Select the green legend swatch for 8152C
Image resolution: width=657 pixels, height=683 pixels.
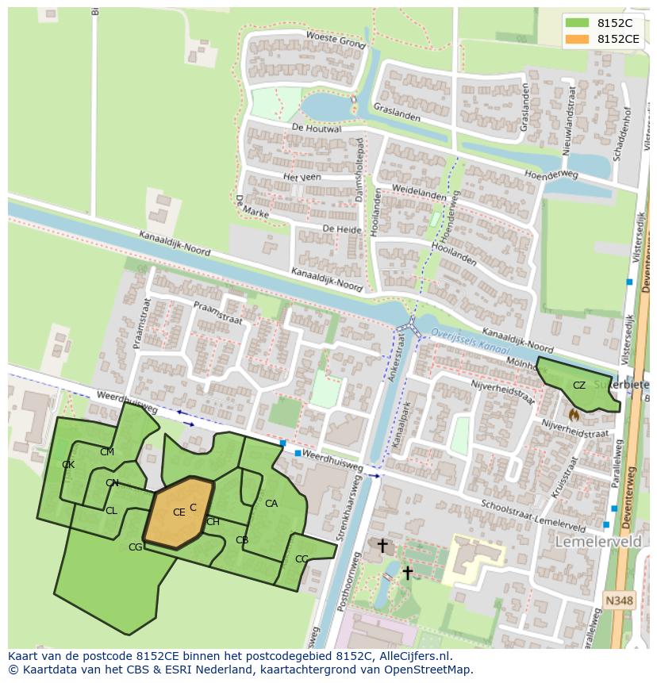click(x=577, y=23)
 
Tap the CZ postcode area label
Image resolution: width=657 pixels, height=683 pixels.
click(x=579, y=386)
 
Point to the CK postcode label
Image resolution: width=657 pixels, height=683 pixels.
click(x=68, y=465)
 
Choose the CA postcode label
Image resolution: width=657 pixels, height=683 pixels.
click(x=271, y=504)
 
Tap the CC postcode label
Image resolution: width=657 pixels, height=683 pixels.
click(x=302, y=559)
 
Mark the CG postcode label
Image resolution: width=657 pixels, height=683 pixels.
click(x=136, y=547)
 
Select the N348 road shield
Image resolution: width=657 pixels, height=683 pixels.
click(x=619, y=601)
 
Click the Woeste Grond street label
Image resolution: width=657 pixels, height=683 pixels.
click(x=335, y=40)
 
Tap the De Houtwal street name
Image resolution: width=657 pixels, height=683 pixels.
click(x=316, y=129)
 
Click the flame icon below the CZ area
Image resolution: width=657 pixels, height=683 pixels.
click(x=574, y=414)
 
